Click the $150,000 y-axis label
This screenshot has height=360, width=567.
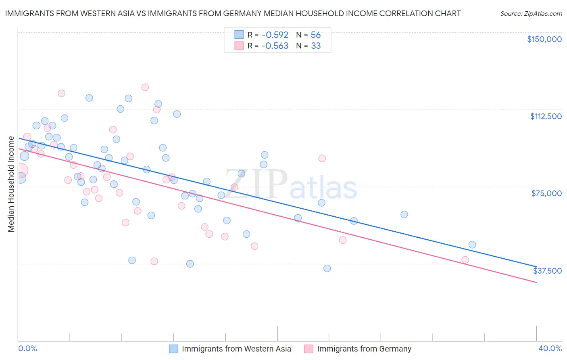click(544, 39)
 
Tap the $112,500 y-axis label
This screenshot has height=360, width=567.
click(546, 116)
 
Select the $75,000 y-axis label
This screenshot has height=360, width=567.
click(546, 193)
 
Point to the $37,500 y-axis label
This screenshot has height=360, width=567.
click(547, 271)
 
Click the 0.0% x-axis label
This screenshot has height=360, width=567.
click(27, 349)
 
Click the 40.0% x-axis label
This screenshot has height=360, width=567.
click(550, 349)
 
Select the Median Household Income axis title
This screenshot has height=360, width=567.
click(11, 184)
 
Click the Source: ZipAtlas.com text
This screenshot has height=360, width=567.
click(531, 14)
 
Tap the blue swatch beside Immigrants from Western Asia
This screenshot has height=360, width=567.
click(173, 349)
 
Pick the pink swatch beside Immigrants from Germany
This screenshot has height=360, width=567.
click(309, 349)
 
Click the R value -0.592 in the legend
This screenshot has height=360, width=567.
click(275, 35)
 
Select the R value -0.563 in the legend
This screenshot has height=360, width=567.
click(275, 46)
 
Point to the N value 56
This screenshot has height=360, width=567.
click(315, 35)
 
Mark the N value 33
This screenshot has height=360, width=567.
click(315, 46)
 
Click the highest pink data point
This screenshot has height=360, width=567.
click(145, 87)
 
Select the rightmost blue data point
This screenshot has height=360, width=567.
click(472, 245)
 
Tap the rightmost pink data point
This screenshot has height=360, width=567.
click(465, 260)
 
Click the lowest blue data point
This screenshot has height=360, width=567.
click(327, 268)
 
